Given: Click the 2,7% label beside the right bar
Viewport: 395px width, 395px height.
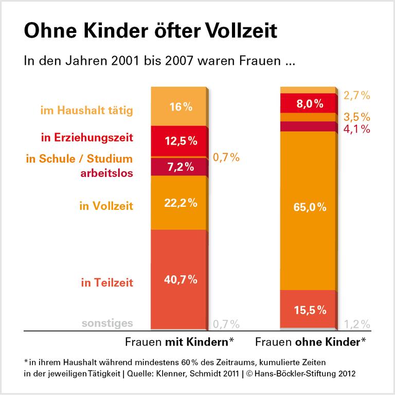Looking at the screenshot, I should coord(357,95).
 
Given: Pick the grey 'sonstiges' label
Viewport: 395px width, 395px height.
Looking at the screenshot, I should coord(107,323).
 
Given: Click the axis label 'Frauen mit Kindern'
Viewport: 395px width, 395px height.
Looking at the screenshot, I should coord(180,342).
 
